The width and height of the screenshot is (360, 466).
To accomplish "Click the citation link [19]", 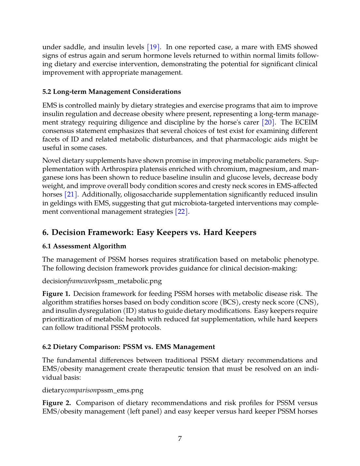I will tap(153, 47).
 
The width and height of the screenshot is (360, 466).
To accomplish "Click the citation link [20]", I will tap(268, 122).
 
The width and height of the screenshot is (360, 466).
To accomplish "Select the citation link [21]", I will tap(71, 195).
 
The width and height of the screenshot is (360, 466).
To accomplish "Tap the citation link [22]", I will tap(181, 212).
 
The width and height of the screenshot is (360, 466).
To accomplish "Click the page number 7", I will tap(180, 439).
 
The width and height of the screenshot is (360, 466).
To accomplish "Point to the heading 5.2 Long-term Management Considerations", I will tap(111, 92).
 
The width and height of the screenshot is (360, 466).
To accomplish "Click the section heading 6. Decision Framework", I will tap(149, 232).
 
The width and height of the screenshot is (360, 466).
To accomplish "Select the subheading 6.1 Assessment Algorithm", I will tap(84, 246).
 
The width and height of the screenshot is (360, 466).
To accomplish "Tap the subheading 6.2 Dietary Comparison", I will tap(128, 347).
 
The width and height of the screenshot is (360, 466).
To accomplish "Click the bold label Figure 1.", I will tap(56, 294).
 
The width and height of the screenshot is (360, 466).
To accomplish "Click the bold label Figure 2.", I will tap(56, 403).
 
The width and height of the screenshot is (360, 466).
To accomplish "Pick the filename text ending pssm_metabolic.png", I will tap(102, 281).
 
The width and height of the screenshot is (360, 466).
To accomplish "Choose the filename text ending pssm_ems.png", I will tap(93, 390).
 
